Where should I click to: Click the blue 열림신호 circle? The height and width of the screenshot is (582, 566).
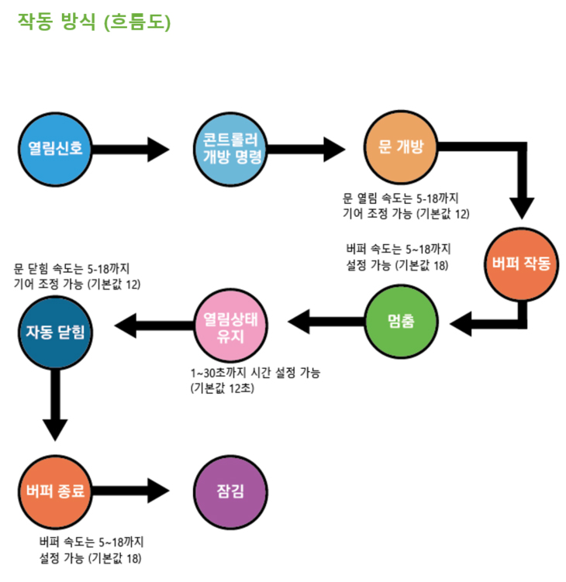point(55,148)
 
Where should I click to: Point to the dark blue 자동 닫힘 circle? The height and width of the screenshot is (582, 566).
point(55,331)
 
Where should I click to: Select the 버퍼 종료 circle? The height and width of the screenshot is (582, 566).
point(55,491)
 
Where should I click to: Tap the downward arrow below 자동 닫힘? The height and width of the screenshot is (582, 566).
point(55,407)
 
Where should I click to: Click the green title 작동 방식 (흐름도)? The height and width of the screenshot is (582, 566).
point(94,21)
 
